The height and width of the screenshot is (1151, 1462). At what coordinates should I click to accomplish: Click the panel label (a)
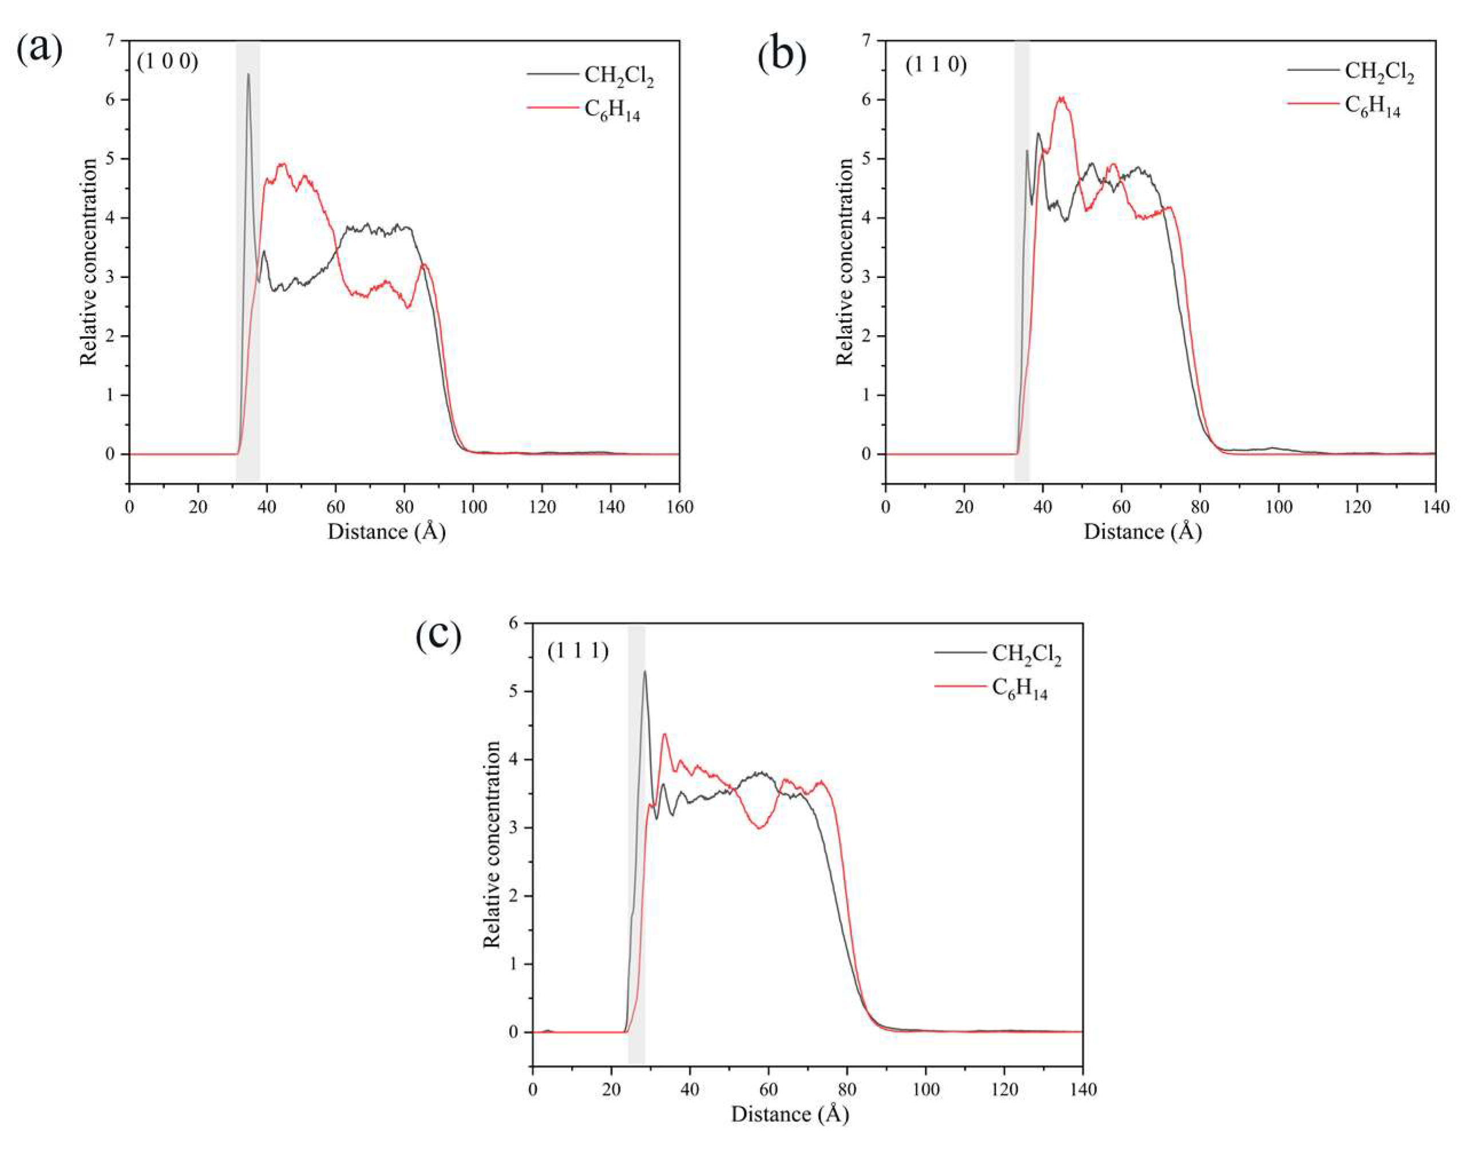click(39, 50)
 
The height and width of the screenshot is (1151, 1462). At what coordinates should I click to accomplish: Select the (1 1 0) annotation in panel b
click(936, 65)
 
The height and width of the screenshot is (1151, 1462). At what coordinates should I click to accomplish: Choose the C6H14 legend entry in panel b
click(1372, 106)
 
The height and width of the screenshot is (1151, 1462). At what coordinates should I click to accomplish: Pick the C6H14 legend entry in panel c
click(1019, 688)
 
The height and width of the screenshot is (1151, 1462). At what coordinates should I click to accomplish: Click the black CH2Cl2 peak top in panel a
click(248, 75)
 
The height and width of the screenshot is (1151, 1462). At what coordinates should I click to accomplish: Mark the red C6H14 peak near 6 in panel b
click(1061, 98)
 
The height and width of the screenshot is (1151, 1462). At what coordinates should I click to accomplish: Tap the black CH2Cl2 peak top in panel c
click(644, 671)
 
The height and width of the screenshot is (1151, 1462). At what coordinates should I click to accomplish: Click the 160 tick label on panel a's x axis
click(678, 506)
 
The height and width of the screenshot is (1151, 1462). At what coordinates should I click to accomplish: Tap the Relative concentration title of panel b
click(844, 262)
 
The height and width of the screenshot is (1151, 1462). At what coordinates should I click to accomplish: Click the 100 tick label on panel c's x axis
click(925, 1090)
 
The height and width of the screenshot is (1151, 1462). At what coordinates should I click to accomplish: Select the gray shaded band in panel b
click(1022, 269)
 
